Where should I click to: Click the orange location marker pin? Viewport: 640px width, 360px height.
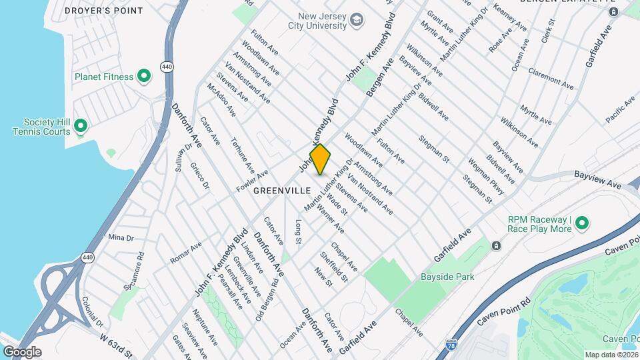(x=320, y=159)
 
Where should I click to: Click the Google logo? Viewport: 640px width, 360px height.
(x=22, y=351)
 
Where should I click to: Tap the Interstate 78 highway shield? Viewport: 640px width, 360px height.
(x=451, y=345)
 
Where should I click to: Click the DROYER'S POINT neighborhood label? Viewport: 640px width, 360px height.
(x=103, y=11)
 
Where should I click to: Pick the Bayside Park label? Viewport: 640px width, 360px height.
(x=447, y=277)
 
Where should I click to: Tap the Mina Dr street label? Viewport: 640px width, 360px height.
(x=121, y=237)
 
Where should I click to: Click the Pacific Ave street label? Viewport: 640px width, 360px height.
(x=621, y=109)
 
